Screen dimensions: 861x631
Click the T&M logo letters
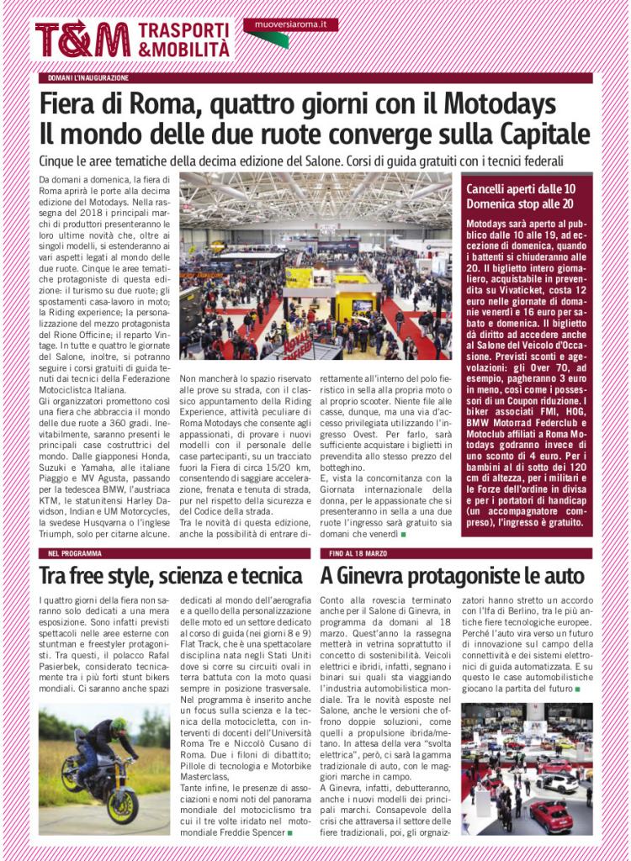(x=82, y=40)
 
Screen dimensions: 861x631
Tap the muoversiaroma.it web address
(x=291, y=24)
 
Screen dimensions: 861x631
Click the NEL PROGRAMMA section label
(x=75, y=553)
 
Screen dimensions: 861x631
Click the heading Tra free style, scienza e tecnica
(x=171, y=576)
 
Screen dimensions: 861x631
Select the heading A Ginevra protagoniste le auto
(x=453, y=576)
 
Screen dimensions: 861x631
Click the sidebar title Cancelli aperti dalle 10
(x=521, y=188)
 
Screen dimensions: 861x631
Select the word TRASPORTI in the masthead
(x=183, y=29)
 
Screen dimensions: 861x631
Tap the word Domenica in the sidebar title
(x=495, y=203)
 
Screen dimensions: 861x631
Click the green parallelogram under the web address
(x=269, y=40)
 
